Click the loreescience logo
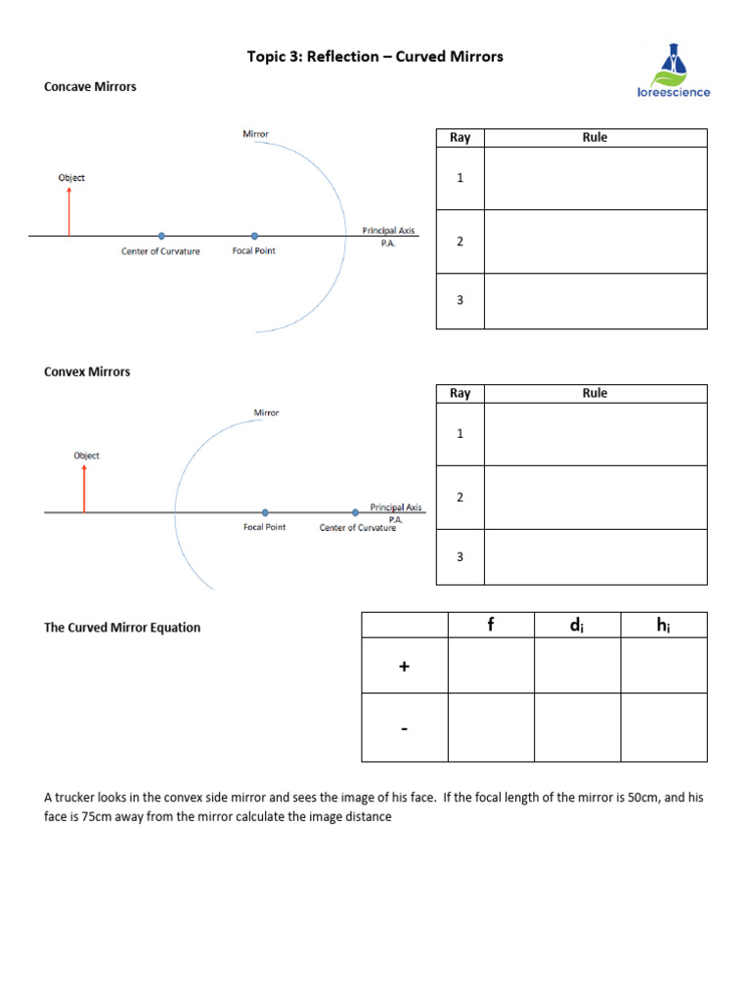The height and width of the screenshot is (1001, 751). pos(673,70)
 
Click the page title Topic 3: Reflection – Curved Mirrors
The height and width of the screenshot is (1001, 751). pos(375,57)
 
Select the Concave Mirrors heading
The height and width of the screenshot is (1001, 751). pos(90,87)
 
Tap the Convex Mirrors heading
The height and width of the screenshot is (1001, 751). pos(87,372)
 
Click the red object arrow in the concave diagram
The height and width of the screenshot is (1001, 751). pos(69,211)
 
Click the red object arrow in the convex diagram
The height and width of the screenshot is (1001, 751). pos(84,488)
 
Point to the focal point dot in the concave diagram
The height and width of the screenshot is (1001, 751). pos(254,236)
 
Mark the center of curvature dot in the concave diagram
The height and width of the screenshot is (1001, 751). pos(161,236)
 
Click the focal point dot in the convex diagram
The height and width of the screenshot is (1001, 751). pos(265,512)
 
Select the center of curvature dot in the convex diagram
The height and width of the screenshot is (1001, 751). pos(355,512)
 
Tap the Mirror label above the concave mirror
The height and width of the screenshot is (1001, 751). pos(256,134)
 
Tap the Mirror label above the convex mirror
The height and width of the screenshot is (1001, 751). pos(267,413)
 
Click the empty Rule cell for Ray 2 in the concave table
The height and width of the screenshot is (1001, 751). pos(595,241)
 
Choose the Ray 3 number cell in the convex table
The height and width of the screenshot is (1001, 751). pos(460,557)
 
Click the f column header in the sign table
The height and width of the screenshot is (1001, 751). pos(491,625)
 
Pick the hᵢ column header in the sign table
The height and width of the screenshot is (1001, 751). pos(663,625)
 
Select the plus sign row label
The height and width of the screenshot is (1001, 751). pos(404,666)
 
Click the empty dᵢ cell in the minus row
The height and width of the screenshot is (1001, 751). pos(577,727)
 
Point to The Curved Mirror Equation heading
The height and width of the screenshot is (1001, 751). pos(122,628)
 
